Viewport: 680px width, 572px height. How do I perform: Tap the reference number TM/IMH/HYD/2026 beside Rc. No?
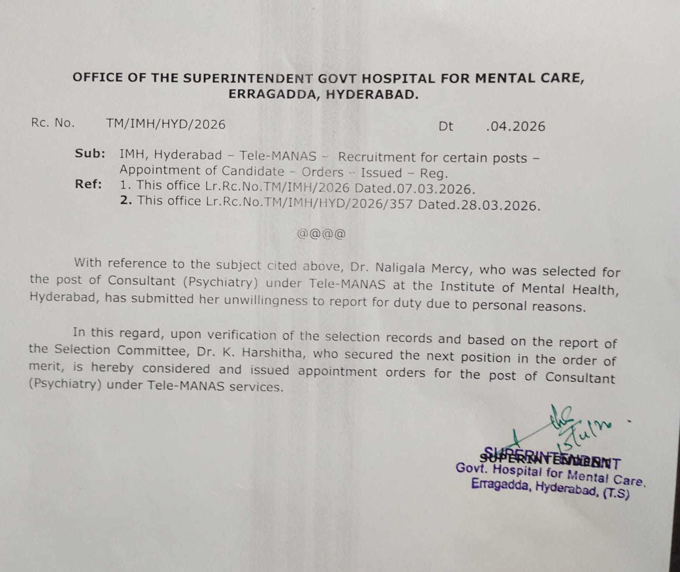pyautogui.click(x=166, y=124)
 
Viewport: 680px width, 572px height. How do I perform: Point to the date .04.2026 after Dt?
pyautogui.click(x=516, y=126)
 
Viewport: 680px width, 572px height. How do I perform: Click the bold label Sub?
pyautogui.click(x=90, y=154)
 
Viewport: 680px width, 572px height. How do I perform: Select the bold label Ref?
pyautogui.click(x=88, y=184)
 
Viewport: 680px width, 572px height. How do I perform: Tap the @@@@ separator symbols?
pyautogui.click(x=321, y=233)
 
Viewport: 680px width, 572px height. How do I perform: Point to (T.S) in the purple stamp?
pyautogui.click(x=615, y=493)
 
